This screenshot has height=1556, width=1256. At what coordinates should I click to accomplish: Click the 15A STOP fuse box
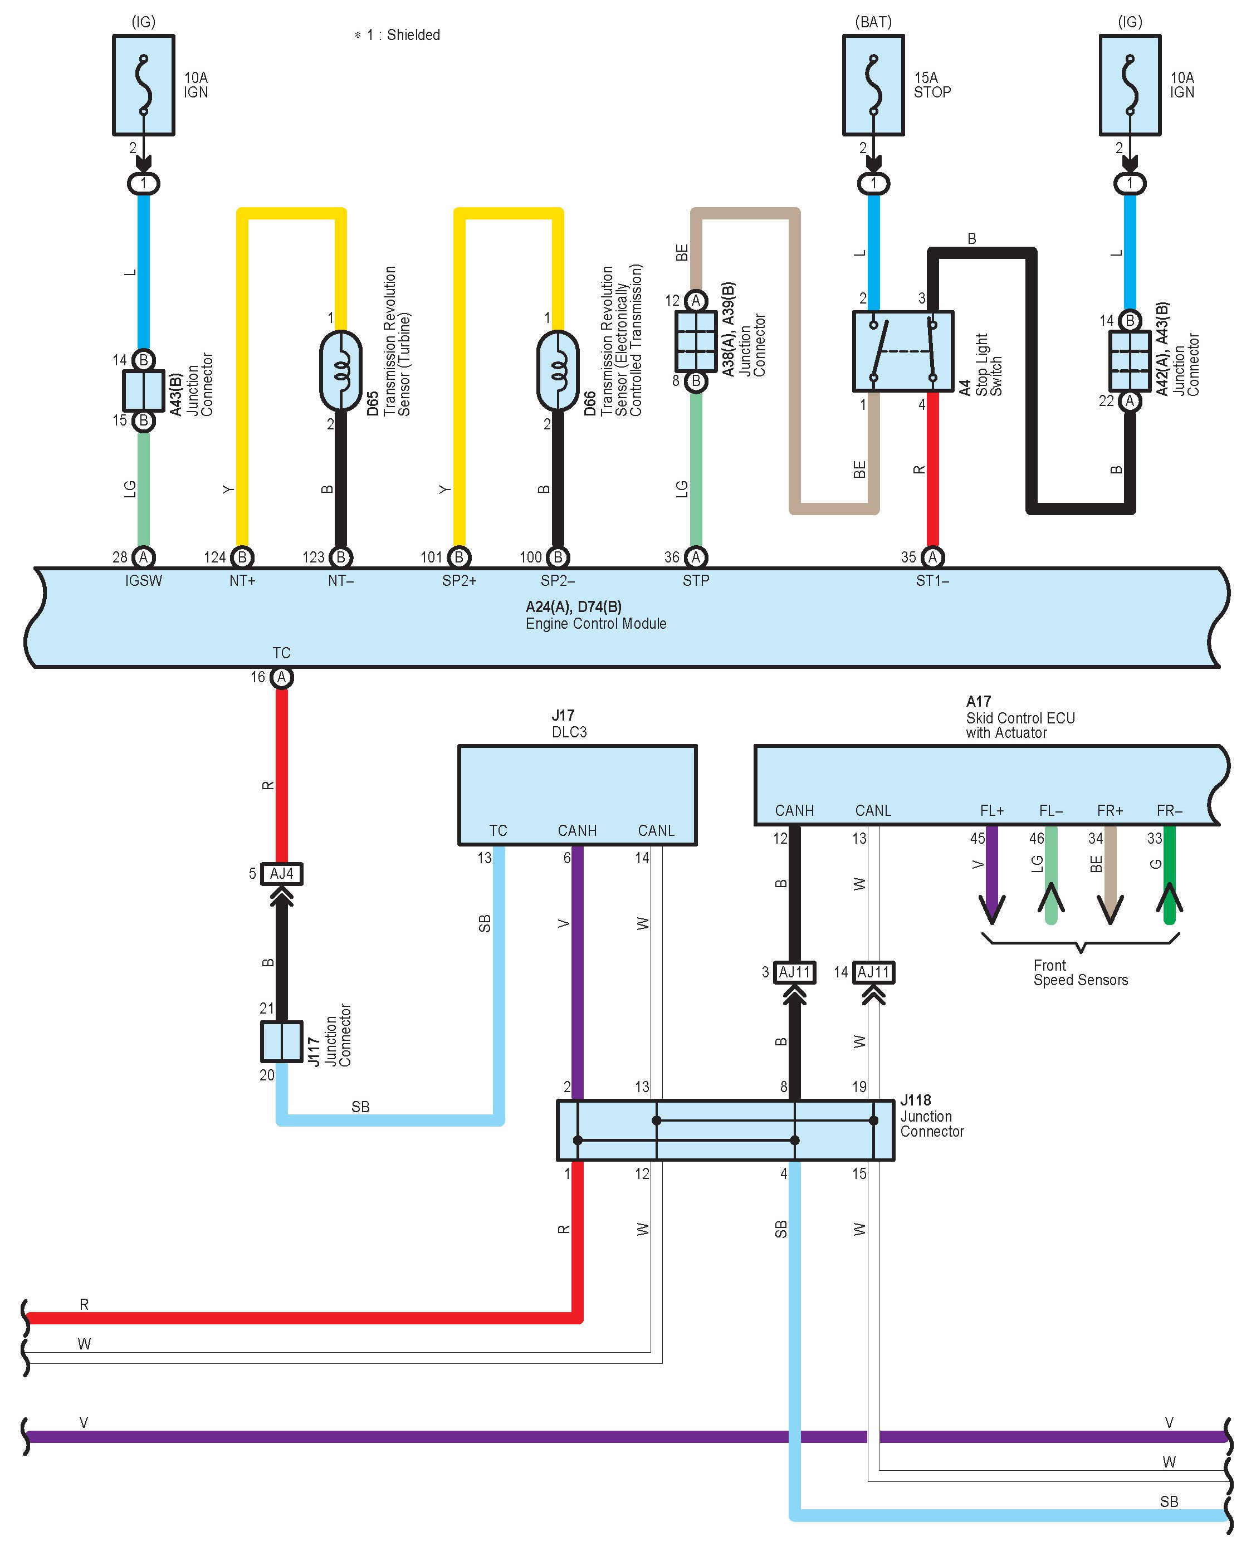point(873,85)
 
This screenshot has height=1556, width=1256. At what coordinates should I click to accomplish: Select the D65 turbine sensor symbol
point(340,370)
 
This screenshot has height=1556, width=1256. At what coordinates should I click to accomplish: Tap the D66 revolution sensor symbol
point(557,370)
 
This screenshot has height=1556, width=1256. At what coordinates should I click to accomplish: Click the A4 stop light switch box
point(903,351)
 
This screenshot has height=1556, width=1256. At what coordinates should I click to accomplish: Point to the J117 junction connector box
point(281,1041)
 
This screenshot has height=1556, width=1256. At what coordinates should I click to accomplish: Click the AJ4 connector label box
point(281,874)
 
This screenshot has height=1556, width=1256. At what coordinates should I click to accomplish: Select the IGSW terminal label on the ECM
point(143,581)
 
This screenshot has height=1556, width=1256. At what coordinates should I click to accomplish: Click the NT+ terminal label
point(242,581)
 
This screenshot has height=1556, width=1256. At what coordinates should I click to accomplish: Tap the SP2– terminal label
point(558,581)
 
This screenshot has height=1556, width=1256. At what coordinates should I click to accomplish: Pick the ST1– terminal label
point(932,581)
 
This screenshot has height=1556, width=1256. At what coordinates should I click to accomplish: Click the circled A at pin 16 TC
point(281,678)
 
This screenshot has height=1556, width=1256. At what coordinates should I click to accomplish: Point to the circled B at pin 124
point(242,557)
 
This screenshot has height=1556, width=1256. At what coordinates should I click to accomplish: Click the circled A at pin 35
point(932,557)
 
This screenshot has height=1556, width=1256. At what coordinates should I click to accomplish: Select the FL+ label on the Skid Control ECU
point(992,811)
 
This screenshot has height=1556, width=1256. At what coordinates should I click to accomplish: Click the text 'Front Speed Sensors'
point(1080,973)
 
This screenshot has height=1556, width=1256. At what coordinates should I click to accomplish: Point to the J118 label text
point(915,1100)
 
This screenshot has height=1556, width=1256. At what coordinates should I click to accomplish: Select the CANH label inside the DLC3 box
point(578,830)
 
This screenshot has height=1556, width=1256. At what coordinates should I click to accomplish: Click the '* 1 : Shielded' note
point(397,35)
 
